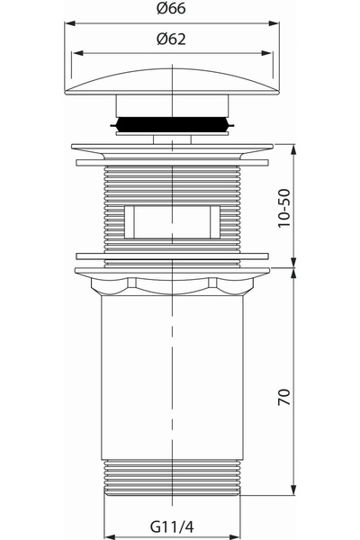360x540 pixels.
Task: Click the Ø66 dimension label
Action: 171,8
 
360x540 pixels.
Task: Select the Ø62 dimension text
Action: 171,39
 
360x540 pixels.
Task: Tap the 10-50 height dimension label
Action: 284,208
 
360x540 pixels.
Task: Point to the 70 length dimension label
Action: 284,397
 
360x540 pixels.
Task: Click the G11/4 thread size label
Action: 172,526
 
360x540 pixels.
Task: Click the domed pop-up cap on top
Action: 172,82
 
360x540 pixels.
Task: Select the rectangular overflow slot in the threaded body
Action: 172,222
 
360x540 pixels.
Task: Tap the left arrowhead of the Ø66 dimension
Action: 70,23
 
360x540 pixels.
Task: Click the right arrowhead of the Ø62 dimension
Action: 266,53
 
